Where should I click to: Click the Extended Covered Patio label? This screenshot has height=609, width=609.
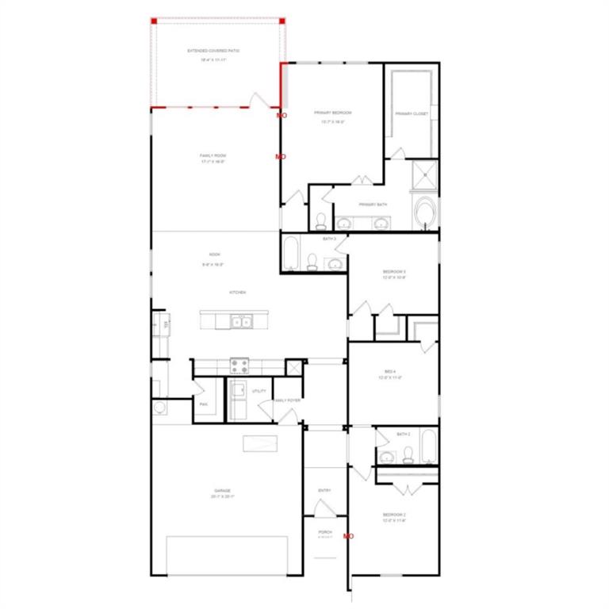pos(213,51)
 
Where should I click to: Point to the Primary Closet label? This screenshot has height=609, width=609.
pos(412,113)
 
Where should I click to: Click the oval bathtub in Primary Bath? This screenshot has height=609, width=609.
pos(426,212)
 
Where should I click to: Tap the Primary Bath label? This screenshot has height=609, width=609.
pos(373,205)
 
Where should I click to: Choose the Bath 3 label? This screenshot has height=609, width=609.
pos(330,239)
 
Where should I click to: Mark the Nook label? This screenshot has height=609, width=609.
pos(214,255)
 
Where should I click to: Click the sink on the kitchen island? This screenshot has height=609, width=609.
pos(241,321)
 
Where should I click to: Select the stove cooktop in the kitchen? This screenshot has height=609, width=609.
pos(239,366)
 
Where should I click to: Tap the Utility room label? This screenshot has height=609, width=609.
pos(259,391)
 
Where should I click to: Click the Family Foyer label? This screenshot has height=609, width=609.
pos(287,400)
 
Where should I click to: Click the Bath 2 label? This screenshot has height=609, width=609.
pos(404,435)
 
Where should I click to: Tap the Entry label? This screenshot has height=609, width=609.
pos(324,491)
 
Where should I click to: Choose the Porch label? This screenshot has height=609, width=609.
pos(325,531)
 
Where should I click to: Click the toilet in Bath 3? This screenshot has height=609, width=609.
pos(312,262)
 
